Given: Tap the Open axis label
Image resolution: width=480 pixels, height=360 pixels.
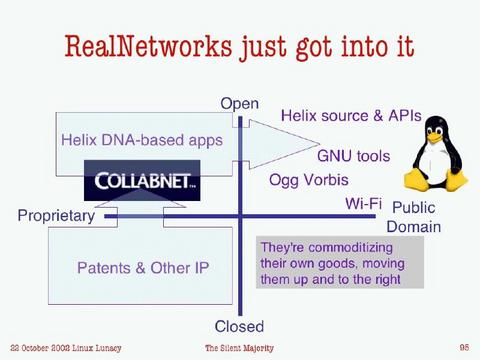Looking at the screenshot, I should click(240, 103).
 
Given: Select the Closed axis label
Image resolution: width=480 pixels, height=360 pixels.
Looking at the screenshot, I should click(240, 326).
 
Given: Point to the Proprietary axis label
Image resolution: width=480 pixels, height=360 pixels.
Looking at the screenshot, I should click(56, 215).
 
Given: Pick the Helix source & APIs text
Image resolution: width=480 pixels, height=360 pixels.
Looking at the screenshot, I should click(350, 117).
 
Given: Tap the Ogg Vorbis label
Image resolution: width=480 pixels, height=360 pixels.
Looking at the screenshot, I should click(309, 181).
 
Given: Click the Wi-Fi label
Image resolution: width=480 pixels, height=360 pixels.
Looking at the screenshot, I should click(364, 204).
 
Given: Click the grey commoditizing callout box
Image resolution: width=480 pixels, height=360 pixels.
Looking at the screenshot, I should click(337, 263).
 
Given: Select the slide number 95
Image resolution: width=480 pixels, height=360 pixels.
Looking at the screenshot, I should click(464, 347).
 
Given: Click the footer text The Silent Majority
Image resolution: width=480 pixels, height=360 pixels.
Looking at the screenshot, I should click(239, 347).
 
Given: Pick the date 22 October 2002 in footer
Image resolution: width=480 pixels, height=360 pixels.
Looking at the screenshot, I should click(40, 347).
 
